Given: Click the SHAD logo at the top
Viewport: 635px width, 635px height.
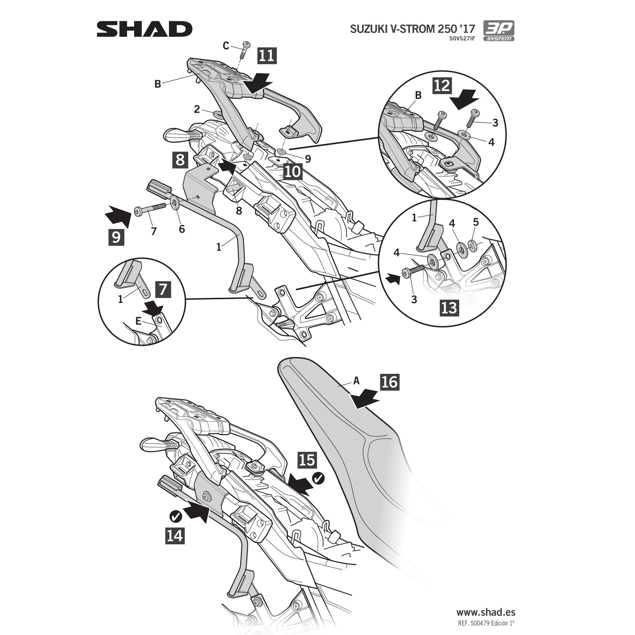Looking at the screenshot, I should (x=144, y=29).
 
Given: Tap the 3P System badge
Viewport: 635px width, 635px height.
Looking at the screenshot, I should (x=498, y=31).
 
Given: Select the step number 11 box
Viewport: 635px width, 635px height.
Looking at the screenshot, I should (x=267, y=55).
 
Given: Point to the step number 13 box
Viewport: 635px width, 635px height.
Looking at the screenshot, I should (x=449, y=308).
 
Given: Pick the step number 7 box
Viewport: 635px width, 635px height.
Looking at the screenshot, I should (x=163, y=289).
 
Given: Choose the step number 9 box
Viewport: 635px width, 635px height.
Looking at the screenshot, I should (x=116, y=237).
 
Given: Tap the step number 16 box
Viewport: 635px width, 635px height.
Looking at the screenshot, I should (x=389, y=382).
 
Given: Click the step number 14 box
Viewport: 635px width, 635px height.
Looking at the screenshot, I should (x=175, y=535).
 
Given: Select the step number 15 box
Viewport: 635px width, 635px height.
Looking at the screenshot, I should (x=307, y=460).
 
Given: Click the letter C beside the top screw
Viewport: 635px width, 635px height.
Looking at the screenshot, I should (x=226, y=46).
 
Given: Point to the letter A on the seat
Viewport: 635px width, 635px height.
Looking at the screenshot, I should (x=356, y=381).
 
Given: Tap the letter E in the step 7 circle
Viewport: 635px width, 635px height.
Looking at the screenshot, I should (x=138, y=321).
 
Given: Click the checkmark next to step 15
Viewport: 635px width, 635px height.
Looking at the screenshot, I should (x=318, y=479).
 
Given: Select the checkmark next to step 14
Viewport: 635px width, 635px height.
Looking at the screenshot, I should (x=175, y=516).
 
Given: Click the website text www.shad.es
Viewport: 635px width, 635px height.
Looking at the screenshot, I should (x=485, y=613).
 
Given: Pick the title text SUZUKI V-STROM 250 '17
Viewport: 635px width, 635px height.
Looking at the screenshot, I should (x=412, y=29).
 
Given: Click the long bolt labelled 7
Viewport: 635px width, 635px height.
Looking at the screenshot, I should (x=151, y=210).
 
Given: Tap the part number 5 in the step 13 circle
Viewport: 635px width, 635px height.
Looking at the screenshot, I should (x=476, y=223).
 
